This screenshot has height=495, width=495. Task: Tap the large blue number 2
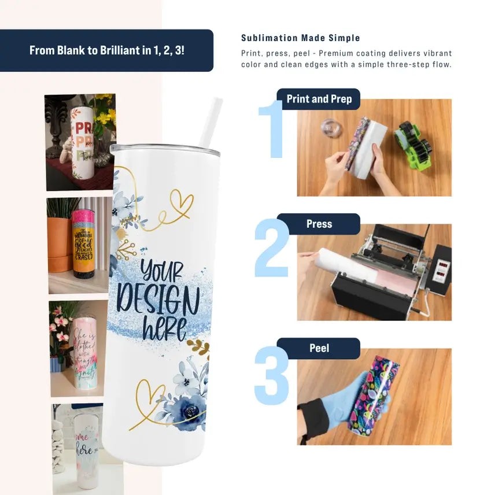(x=271, y=248)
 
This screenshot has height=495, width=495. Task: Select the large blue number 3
(x=271, y=375)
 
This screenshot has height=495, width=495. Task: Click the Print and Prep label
(x=318, y=99)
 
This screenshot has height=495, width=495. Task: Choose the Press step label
(x=319, y=224)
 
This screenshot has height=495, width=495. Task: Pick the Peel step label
(x=319, y=348)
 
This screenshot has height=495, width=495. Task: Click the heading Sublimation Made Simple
(x=300, y=38)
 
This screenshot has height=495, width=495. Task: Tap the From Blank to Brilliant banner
(x=107, y=50)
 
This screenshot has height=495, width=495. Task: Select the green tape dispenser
(x=413, y=144)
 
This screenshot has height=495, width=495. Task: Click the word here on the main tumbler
(x=164, y=329)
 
